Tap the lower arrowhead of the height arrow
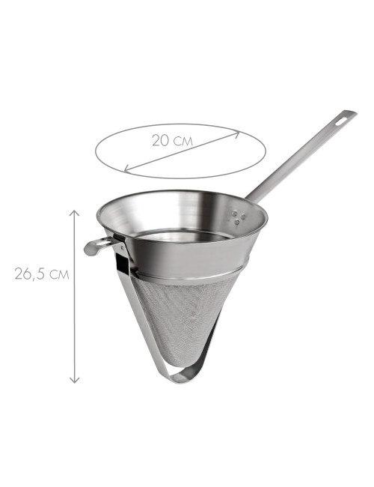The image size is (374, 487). click(x=74, y=381)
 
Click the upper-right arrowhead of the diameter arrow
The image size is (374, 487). click(x=236, y=135)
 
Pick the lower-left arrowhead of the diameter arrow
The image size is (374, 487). click(x=127, y=168)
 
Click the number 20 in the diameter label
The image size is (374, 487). click(x=159, y=139)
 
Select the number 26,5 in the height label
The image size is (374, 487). click(x=30, y=274)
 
